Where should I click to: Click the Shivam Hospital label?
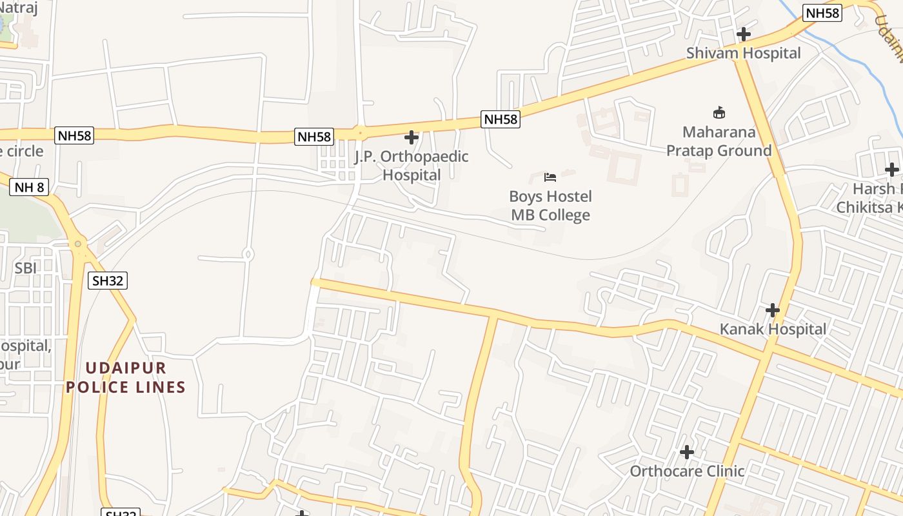743,53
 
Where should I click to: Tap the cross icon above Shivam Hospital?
744,34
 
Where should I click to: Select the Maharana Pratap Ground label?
719,141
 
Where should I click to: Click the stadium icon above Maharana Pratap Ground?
719,113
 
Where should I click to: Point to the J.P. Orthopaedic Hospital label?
412,165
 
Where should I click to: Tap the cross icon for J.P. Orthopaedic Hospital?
412,137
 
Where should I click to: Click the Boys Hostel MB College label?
550,205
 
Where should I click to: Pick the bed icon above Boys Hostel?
550,177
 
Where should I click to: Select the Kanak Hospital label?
773,329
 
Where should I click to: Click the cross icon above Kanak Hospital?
773,310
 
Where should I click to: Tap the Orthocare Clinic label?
687,471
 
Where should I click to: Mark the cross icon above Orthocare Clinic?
687,452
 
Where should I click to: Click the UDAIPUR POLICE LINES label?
126,377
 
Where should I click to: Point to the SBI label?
26,268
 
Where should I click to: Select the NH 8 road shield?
29,188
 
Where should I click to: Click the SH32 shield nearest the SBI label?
108,281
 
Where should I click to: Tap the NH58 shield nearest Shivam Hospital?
822,13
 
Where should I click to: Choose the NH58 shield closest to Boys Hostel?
501,119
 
